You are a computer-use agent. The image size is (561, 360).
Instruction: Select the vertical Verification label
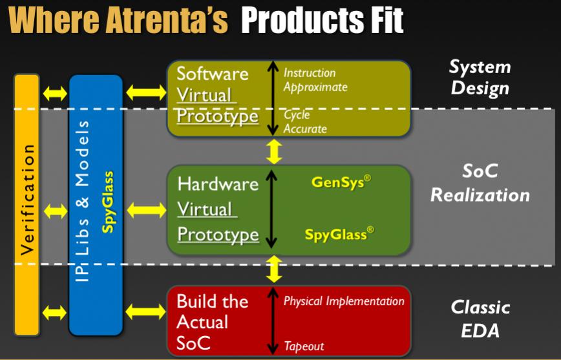(27, 200)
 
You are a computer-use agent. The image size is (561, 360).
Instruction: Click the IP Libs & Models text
(83, 201)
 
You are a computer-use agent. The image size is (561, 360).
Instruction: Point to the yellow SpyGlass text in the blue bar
(108, 202)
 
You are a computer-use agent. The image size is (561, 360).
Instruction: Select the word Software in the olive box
(213, 74)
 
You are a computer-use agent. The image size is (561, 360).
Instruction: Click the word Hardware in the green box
(218, 184)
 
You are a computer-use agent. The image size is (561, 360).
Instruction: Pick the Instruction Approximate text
(315, 80)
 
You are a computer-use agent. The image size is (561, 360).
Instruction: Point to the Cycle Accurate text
(305, 122)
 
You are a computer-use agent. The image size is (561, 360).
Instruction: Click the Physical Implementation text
(344, 301)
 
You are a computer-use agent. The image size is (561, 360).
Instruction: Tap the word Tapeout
(304, 346)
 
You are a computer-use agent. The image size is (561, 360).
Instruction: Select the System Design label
(480, 78)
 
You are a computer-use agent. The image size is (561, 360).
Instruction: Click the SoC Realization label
(480, 183)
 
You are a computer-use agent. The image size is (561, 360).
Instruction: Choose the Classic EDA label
(480, 319)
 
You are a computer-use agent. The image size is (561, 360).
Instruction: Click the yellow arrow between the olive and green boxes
(274, 152)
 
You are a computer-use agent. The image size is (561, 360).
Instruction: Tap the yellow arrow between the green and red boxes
(274, 269)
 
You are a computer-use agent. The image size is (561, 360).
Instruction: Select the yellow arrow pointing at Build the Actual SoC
(145, 312)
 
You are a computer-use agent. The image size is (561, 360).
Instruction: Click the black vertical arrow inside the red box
(273, 321)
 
